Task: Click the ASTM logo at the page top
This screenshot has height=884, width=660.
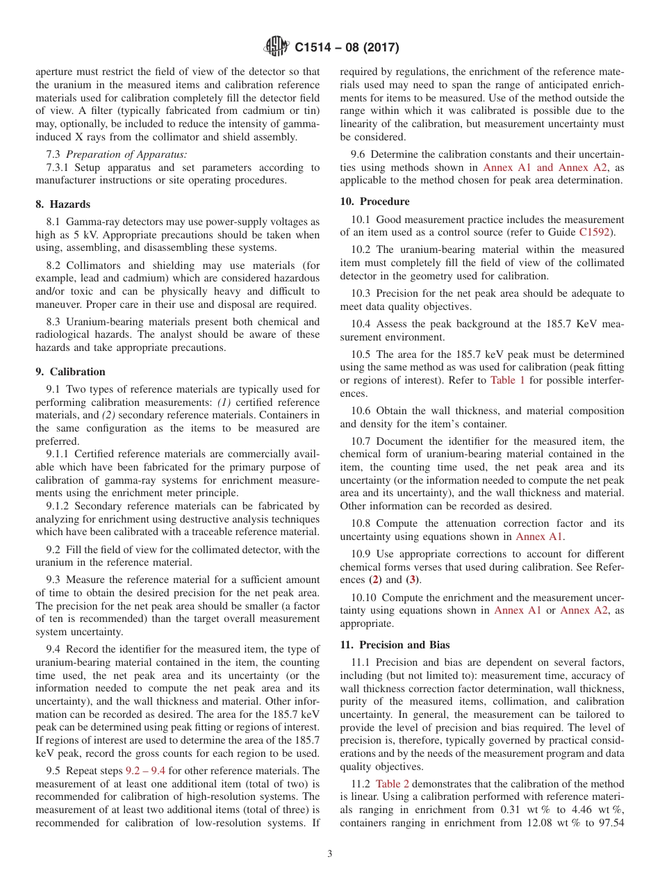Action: tap(277, 47)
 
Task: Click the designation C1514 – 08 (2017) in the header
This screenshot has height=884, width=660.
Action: tap(347, 48)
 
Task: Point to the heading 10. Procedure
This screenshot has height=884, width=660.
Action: tap(374, 202)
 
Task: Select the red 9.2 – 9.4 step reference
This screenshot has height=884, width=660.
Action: tap(145, 771)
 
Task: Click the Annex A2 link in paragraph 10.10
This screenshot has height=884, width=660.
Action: tap(584, 610)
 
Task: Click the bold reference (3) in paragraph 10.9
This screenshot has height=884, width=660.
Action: tap(413, 580)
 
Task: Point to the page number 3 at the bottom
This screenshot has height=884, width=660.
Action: tap(329, 854)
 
